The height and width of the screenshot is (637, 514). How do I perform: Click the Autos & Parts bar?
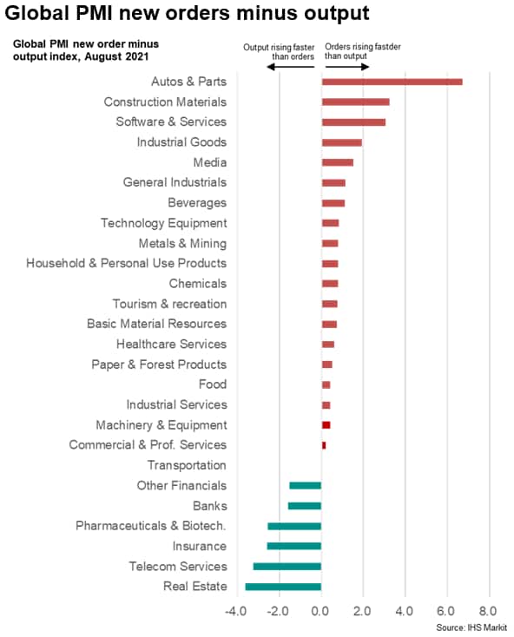(392, 82)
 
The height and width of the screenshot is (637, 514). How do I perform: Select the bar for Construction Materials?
(355, 102)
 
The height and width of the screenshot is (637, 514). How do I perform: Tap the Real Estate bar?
(283, 587)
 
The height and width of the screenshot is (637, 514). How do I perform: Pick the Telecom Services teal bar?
(287, 567)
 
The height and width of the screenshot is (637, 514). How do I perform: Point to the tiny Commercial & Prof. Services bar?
(324, 445)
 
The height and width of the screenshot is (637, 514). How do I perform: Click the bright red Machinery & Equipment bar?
(326, 425)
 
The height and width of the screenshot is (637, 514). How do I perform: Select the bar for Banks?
(305, 506)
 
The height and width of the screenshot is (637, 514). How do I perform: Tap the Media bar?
(338, 162)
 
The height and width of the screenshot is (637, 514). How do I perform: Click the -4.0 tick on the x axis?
(235, 611)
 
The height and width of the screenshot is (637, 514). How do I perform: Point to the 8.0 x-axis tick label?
(488, 611)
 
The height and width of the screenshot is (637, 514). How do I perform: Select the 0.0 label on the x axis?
(320, 611)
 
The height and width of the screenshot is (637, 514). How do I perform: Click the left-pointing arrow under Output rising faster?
(291, 67)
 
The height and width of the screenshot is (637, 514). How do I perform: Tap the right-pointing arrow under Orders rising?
(347, 67)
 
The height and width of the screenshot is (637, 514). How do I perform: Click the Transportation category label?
(187, 465)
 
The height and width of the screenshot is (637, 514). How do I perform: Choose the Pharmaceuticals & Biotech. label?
(151, 526)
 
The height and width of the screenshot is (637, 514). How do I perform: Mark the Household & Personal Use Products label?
(127, 263)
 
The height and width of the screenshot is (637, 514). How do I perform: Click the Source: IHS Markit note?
(471, 627)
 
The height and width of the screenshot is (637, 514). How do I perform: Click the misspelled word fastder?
(387, 47)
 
